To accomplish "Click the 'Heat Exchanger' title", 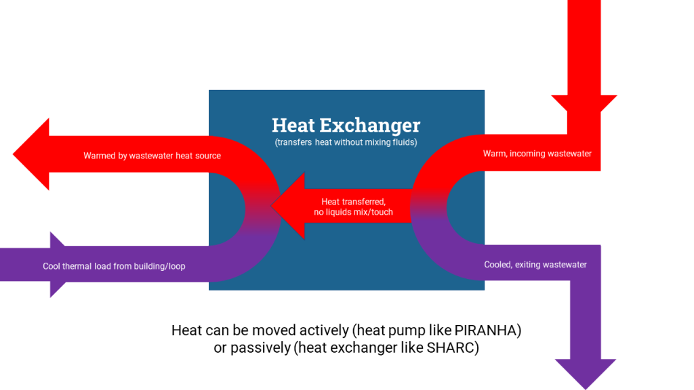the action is click(346, 125).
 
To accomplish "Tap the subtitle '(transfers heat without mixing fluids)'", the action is click(346, 142).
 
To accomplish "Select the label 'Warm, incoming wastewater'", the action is click(537, 154).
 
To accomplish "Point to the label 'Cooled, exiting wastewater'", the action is click(535, 265).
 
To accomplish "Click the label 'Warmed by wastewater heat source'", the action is click(152, 156).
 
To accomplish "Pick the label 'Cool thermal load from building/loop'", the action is click(114, 266).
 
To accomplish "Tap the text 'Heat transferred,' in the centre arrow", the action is click(353, 202).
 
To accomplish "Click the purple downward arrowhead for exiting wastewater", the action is click(586, 374).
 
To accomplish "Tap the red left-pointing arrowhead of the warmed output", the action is click(31, 154).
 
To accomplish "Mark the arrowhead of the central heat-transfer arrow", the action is click(287, 206).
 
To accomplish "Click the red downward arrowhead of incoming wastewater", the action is click(584, 103).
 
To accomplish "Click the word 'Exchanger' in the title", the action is click(370, 125).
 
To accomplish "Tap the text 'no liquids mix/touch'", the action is click(353, 212).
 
